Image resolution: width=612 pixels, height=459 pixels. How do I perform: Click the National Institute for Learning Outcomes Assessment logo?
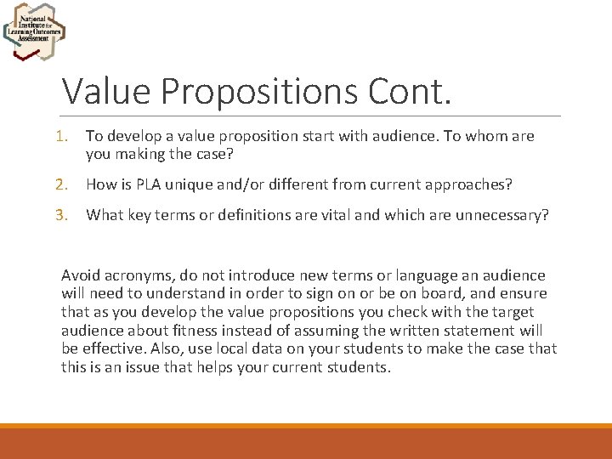click(34, 31)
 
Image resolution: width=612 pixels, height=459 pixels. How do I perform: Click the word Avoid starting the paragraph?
click(81, 275)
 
